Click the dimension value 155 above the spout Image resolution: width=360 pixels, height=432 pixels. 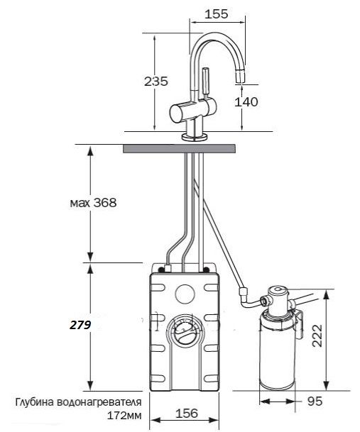[x=217, y=13]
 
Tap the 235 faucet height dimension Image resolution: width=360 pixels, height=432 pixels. [x=156, y=82]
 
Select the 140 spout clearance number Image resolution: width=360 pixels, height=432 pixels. [x=246, y=101]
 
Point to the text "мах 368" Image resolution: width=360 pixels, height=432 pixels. [x=93, y=203]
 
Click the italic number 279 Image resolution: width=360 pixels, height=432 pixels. [x=80, y=326]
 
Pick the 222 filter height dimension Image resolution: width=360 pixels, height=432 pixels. [x=317, y=336]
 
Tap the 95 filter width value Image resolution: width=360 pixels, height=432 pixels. [x=315, y=401]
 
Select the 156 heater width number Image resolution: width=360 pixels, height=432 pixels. [x=187, y=414]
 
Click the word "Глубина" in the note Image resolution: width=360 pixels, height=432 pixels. [x=35, y=402]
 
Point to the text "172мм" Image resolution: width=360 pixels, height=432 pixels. [x=124, y=415]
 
